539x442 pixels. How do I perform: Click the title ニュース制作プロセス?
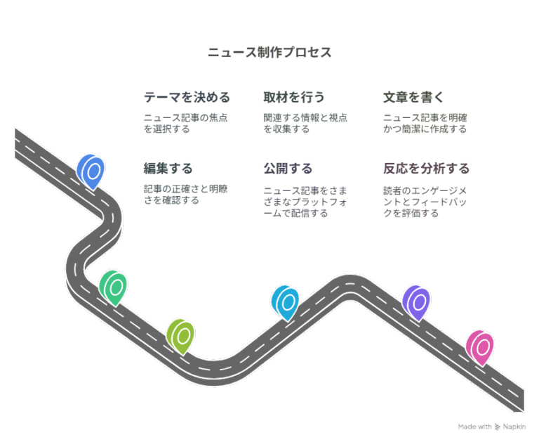click(269, 53)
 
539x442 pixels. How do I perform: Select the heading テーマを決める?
click(187, 97)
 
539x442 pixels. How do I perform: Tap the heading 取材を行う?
click(294, 97)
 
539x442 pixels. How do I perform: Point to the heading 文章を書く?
click(413, 97)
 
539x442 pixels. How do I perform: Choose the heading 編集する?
click(168, 169)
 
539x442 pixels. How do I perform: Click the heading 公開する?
click(288, 169)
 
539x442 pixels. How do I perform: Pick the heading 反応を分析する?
click(426, 169)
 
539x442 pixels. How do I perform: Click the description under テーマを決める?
click(185, 123)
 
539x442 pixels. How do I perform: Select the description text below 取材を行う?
click(305, 123)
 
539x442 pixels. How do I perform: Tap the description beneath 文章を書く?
click(425, 123)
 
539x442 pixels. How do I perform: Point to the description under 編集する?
click(185, 195)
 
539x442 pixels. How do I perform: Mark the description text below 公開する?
click(305, 202)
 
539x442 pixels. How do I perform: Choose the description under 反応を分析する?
click(425, 202)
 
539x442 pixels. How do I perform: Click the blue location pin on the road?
click(91, 171)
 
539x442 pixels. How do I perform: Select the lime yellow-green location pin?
click(180, 335)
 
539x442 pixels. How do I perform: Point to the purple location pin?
click(416, 302)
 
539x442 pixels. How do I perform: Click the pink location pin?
click(480, 347)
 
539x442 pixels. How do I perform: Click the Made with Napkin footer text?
click(492, 427)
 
